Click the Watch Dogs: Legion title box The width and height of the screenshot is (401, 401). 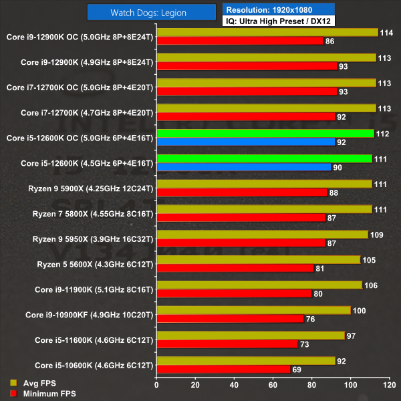pos(154,13)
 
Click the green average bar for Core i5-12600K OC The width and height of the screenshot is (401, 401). pos(265,133)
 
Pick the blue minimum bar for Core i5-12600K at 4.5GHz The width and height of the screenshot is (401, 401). pos(243,167)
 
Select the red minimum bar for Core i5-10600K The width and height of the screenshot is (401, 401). pos(223,369)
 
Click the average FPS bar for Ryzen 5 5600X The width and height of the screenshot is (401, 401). pos(258,259)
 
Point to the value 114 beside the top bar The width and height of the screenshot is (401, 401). pos(386,32)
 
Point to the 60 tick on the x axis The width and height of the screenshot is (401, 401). pos(272,385)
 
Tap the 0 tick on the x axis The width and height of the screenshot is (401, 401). pos(156,385)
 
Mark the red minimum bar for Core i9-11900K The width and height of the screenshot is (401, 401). pos(234,293)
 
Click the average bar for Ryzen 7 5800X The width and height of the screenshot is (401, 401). pos(264,209)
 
